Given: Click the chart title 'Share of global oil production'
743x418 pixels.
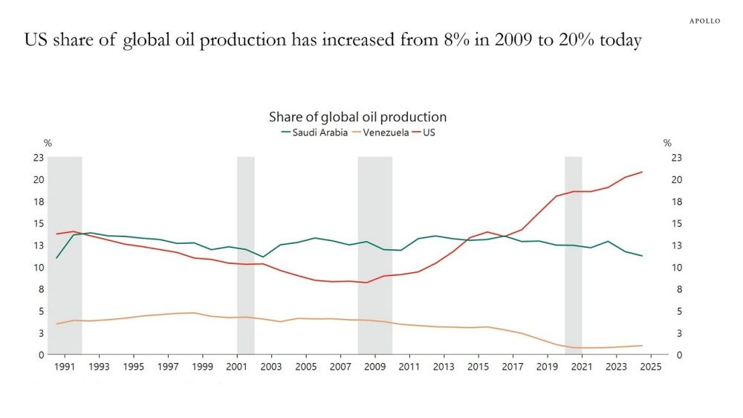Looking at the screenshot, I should tap(357, 117).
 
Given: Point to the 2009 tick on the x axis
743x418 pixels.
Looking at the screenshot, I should tap(374, 367).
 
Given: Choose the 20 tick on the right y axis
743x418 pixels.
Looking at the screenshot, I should tap(676, 179).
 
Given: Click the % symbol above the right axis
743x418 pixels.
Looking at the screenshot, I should tap(667, 143).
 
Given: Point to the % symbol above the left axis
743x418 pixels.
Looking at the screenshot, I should tap(48, 143).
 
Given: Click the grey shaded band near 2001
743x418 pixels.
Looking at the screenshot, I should tap(245, 253).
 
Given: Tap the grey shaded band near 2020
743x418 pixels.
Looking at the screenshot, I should tap(573, 253).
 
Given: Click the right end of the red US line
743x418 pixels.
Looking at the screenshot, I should tap(642, 172).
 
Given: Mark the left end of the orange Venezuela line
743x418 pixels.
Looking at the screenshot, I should tap(57, 324).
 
